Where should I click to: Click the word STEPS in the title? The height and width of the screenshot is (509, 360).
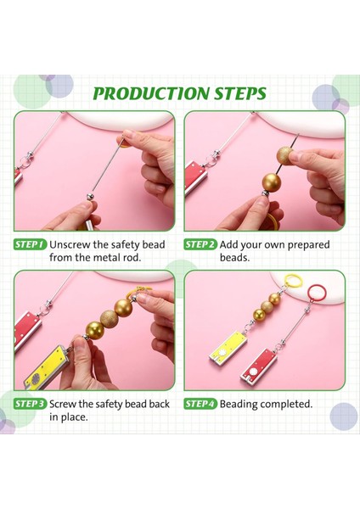235,93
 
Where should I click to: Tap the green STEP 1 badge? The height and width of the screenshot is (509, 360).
29,244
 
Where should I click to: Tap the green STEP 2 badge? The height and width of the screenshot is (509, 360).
200,244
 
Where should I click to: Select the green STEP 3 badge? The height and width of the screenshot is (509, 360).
29,404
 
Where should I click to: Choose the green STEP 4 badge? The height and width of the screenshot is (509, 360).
200,404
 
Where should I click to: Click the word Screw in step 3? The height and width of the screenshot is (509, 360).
65,404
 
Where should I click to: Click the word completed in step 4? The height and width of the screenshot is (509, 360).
293,404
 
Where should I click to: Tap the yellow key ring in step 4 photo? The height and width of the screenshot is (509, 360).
295,282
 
